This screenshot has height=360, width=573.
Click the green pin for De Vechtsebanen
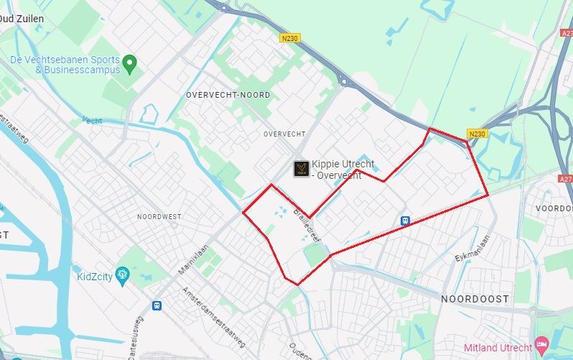pyautogui.click(x=129, y=64)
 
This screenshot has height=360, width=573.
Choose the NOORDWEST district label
pyautogui.click(x=159, y=216)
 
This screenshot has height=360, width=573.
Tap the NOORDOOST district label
pyautogui.click(x=475, y=298)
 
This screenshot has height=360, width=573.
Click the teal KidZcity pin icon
pyautogui.click(x=122, y=274)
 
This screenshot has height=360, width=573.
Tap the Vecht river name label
pyautogui.click(x=92, y=120)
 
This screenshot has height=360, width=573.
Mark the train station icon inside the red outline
pyautogui.click(x=406, y=221)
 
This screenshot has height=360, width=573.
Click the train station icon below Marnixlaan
pyautogui.click(x=157, y=305)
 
